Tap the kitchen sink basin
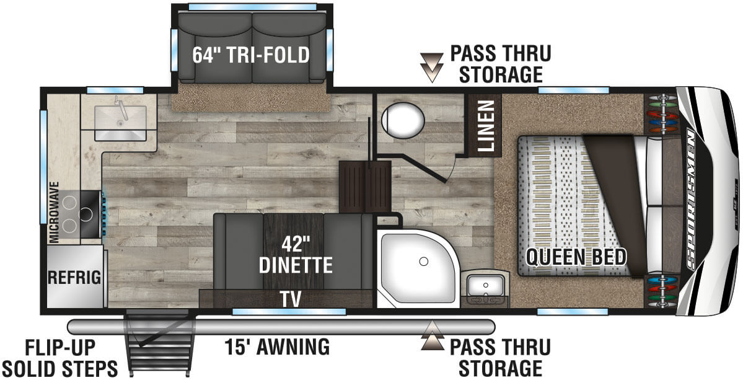click(120, 122)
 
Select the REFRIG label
click(74, 277)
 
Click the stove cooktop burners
click(77, 213)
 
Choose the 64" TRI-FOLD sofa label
click(250, 55)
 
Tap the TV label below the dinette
click(289, 299)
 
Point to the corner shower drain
click(423, 262)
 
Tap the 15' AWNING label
click(277, 347)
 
